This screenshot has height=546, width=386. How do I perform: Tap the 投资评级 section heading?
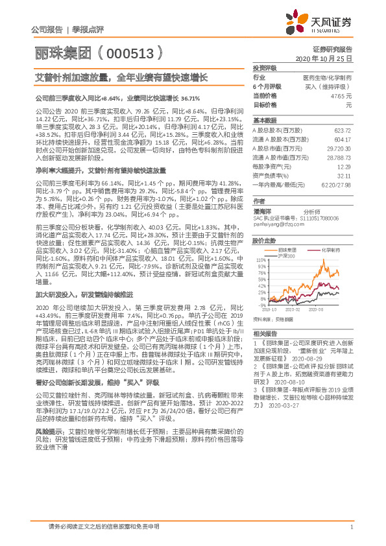264,67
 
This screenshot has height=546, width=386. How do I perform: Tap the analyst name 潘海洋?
263,211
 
